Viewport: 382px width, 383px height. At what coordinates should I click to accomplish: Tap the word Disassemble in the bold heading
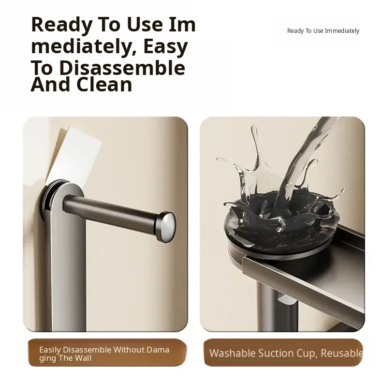click(x=122, y=68)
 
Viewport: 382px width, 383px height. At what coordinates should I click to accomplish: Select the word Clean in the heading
click(x=104, y=85)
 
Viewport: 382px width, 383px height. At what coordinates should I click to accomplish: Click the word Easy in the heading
click(x=165, y=47)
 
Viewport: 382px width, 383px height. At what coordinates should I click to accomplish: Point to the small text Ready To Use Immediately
click(x=323, y=31)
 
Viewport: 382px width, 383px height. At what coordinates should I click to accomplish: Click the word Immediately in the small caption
click(x=342, y=31)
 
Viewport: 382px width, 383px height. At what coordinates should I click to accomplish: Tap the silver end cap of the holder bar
click(x=166, y=227)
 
